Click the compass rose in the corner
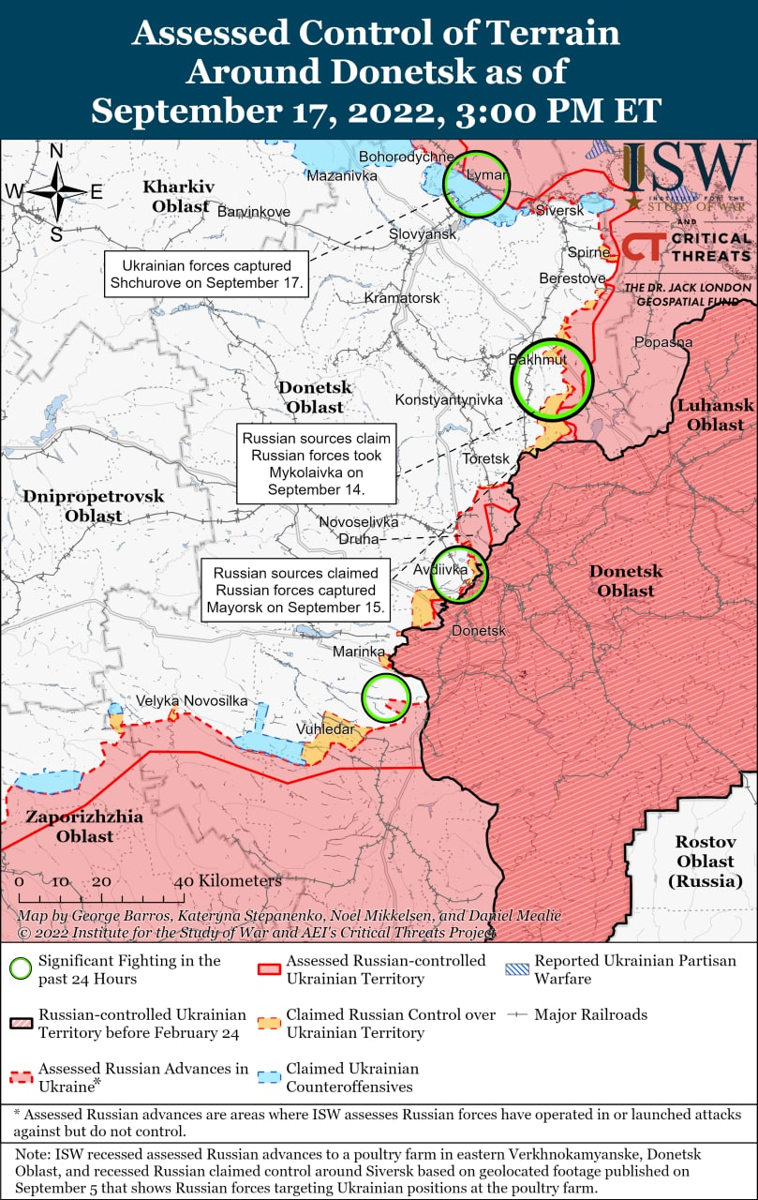coord(56,191)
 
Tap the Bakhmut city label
coord(538,360)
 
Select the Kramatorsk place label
coord(402,297)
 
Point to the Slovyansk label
coord(422,233)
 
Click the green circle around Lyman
coord(476,184)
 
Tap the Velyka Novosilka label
coord(191,700)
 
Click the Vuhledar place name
coord(325,728)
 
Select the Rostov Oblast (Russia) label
coord(705,862)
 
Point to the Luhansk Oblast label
coord(715,414)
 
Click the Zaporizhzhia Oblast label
coord(84,826)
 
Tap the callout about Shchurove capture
coord(206,274)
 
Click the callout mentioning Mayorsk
coord(296,590)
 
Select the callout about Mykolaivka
coord(316,464)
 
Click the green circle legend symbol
coord(20,969)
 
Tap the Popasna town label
coord(663,342)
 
